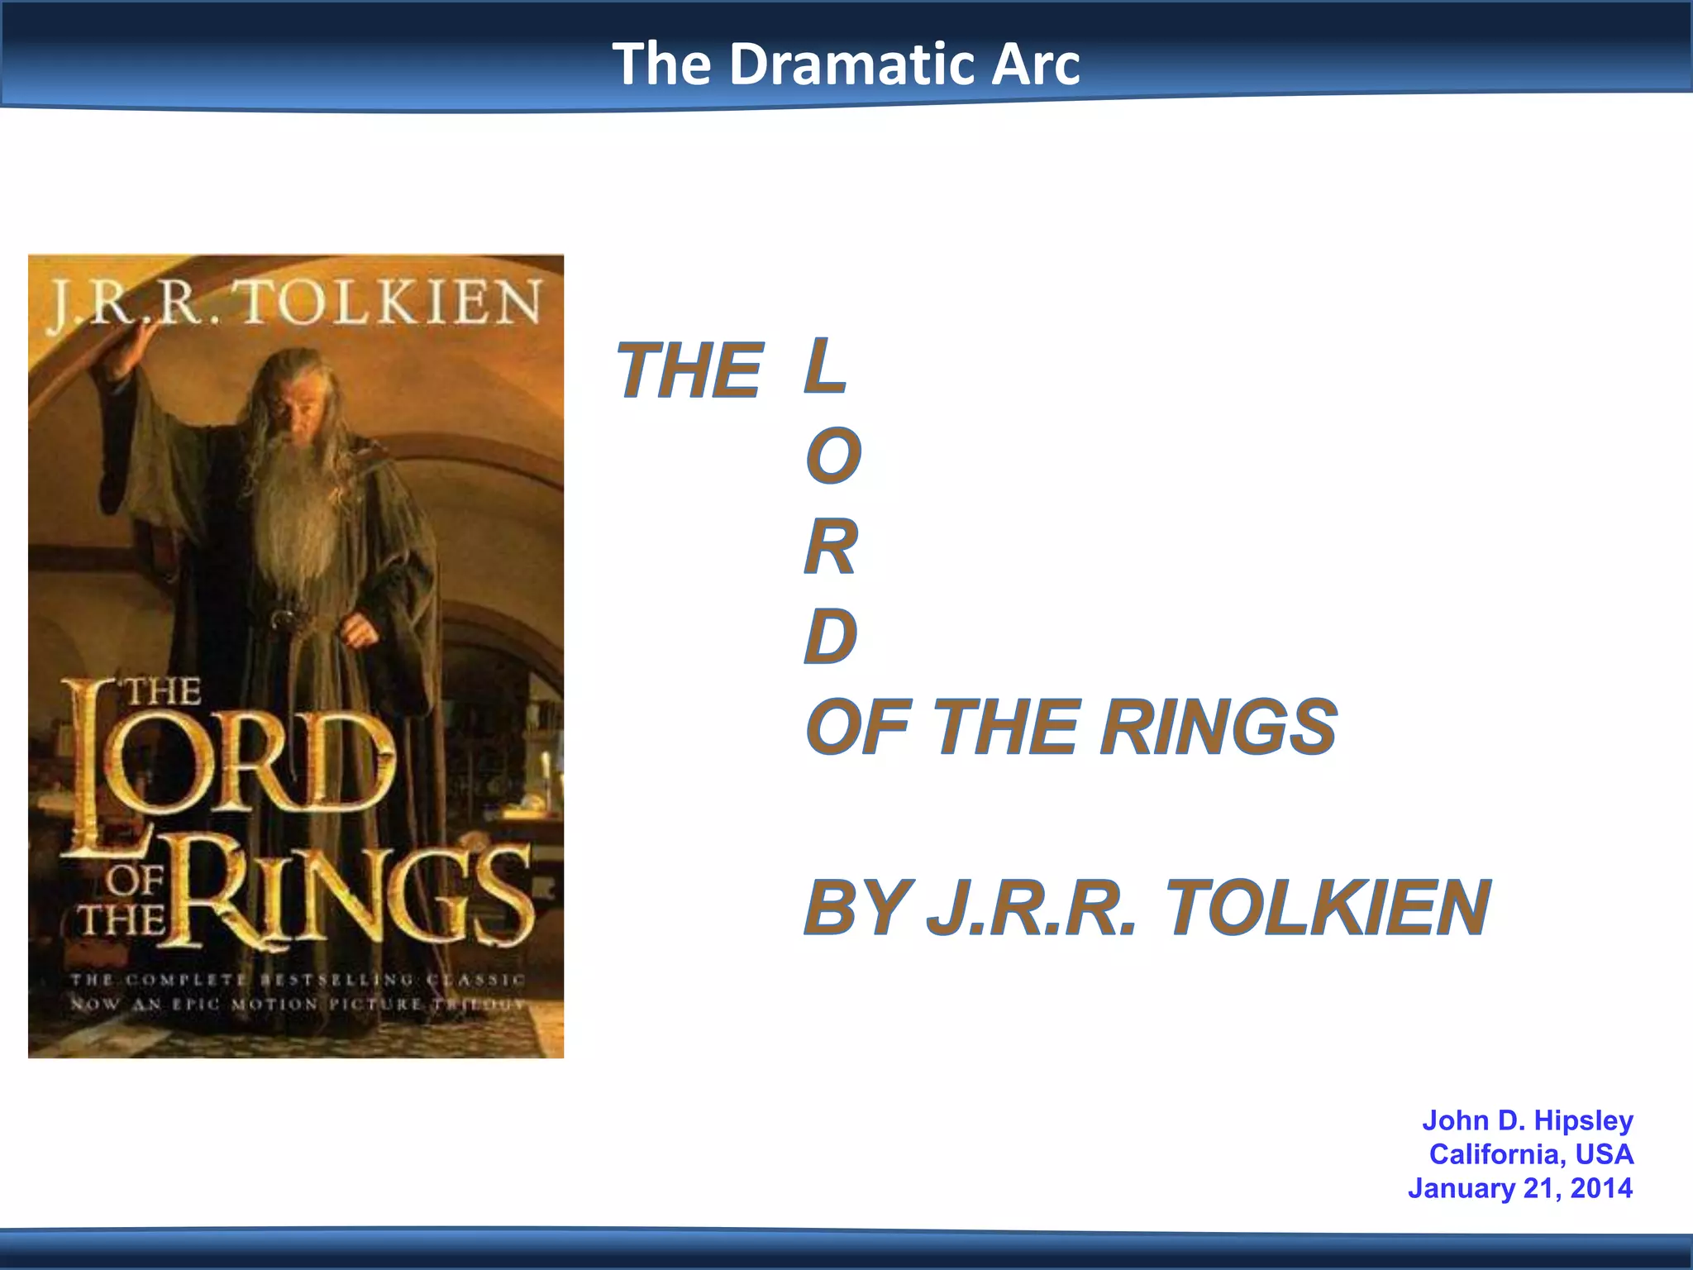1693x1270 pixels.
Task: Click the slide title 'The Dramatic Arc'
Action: click(846, 64)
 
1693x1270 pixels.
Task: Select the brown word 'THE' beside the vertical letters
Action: click(689, 371)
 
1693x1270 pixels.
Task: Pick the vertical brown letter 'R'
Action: click(831, 547)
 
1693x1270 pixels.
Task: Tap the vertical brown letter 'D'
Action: click(831, 636)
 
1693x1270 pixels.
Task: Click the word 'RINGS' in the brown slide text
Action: click(1218, 727)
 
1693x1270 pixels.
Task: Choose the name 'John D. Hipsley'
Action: click(1527, 1120)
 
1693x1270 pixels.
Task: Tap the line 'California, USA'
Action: click(1531, 1154)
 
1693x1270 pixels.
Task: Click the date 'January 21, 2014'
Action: click(1520, 1188)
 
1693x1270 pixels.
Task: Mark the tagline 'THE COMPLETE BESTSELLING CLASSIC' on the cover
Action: click(298, 980)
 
